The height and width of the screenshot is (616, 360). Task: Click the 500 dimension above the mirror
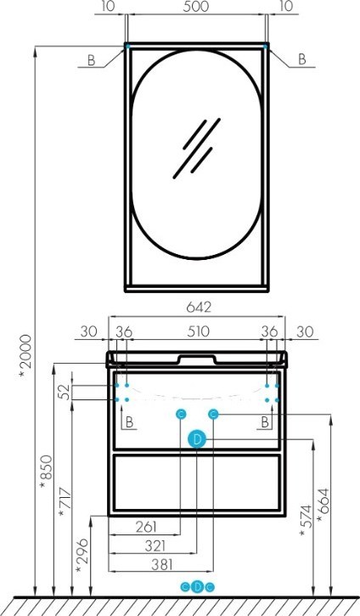click(x=196, y=7)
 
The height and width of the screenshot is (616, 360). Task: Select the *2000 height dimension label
click(x=25, y=357)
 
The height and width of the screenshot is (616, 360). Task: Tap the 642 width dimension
click(x=199, y=307)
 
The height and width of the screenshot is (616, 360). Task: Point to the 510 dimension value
click(x=198, y=331)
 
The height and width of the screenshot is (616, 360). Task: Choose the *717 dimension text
click(x=65, y=503)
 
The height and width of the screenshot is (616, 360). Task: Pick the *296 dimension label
click(x=82, y=555)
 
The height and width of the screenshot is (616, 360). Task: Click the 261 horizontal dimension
click(x=146, y=527)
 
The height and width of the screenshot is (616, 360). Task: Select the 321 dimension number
click(x=155, y=545)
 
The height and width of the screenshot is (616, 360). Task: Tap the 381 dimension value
click(x=161, y=564)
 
